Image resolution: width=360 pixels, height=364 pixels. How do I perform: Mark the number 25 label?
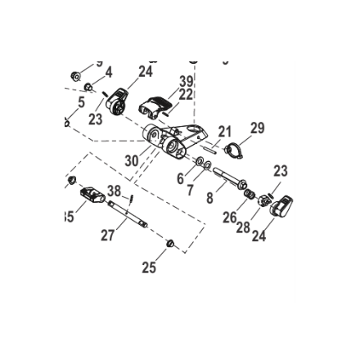point(149,267)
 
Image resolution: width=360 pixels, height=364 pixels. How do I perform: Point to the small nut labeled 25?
point(170,243)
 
